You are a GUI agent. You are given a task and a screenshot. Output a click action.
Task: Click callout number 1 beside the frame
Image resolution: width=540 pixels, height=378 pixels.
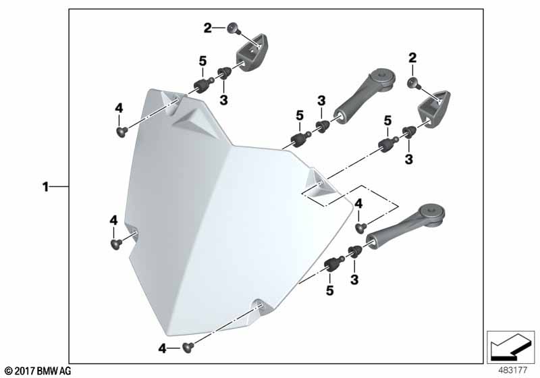[45, 187]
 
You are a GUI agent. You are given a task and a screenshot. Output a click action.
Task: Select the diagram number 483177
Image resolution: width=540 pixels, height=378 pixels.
[513, 370]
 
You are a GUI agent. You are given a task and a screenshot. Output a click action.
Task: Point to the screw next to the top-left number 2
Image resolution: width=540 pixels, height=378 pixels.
[232, 28]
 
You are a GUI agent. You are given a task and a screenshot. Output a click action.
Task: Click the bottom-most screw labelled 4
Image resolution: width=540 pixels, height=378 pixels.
[188, 348]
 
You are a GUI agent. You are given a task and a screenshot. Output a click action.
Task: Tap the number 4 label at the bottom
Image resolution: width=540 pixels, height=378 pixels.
[162, 349]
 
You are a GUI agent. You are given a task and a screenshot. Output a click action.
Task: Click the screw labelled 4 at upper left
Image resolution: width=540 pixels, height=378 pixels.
[122, 132]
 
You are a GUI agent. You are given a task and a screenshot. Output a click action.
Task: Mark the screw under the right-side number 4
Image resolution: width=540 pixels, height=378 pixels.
[360, 228]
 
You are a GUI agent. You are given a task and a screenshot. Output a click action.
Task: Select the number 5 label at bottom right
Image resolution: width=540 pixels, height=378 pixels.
[330, 290]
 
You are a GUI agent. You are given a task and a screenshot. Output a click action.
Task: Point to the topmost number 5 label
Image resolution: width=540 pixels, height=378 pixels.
[203, 61]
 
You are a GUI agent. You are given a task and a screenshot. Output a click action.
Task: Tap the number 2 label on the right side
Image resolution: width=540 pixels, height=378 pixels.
[412, 58]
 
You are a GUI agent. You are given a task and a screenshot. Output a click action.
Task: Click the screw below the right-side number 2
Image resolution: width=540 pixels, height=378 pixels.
[413, 83]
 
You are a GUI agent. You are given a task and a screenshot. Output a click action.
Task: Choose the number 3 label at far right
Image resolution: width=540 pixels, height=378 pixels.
[409, 159]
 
